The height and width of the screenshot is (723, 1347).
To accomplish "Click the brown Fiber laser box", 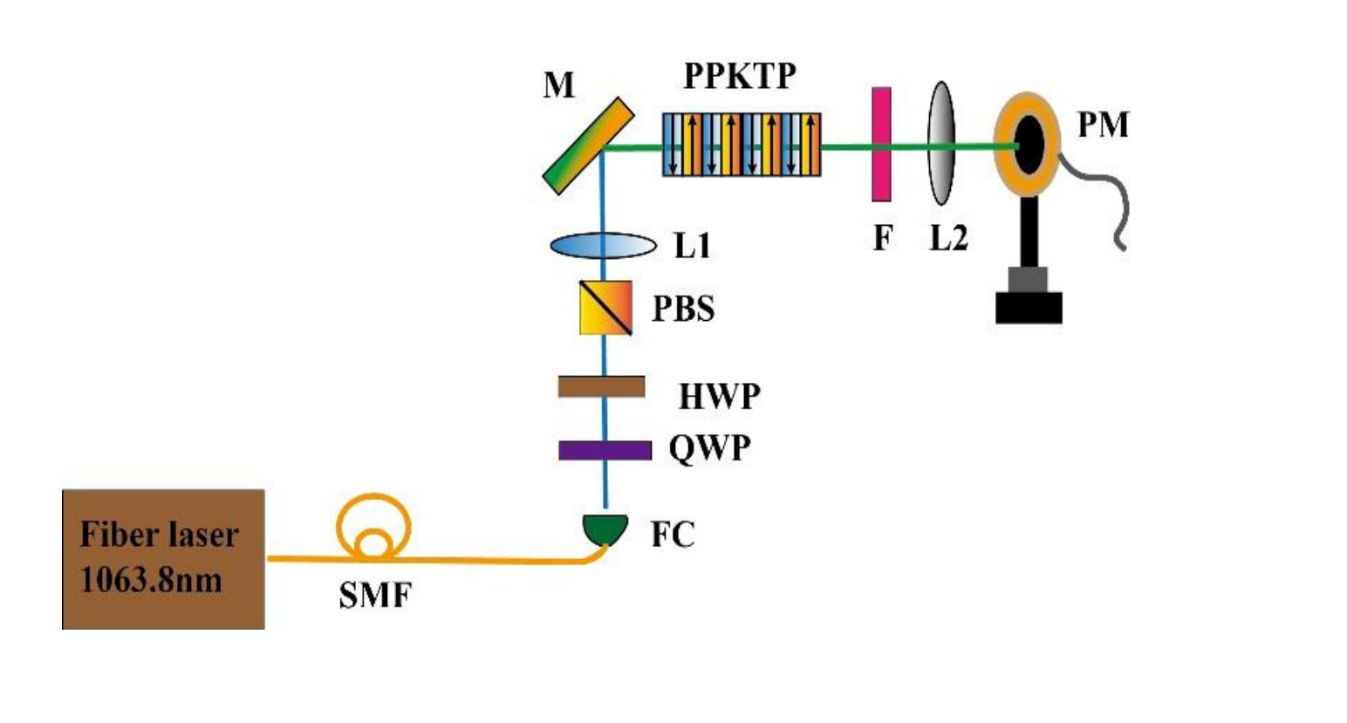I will pos(163,558).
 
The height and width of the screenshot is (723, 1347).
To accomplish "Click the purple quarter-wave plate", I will pos(605,450).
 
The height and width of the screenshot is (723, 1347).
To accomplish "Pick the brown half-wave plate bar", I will pos(602,386).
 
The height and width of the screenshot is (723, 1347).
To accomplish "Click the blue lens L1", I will pos(603,246).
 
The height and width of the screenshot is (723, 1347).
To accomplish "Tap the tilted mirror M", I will pos(588,145).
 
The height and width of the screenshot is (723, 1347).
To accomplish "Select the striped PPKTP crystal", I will pos(741,145).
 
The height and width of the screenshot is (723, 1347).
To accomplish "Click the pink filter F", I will pos(881,144).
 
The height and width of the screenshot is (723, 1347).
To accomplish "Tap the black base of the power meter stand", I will pos(1029,308).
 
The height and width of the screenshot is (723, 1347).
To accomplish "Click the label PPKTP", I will pos(740,77).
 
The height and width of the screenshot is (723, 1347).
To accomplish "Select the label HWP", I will pos(720,397).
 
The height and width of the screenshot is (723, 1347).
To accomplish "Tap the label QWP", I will pos(709,448).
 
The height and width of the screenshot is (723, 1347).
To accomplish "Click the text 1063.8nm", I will pos(152,579).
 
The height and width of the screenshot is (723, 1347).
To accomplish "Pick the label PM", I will pos(1103,126).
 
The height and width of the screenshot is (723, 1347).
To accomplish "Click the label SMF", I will pos(374,596).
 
